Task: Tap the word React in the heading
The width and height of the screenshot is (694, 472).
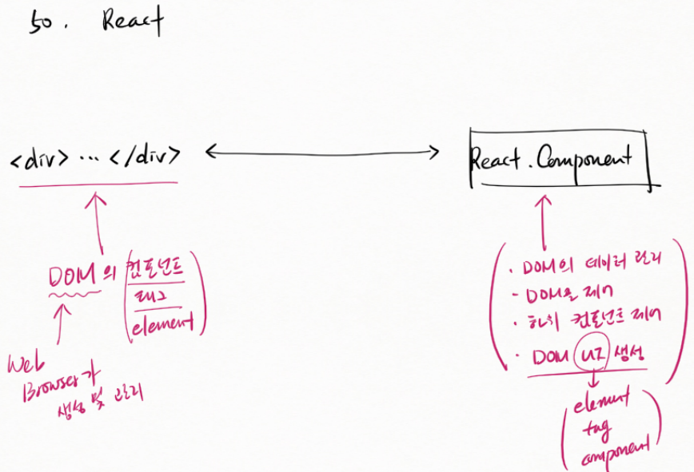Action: point(131,22)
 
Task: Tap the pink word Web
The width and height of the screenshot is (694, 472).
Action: point(24,367)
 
